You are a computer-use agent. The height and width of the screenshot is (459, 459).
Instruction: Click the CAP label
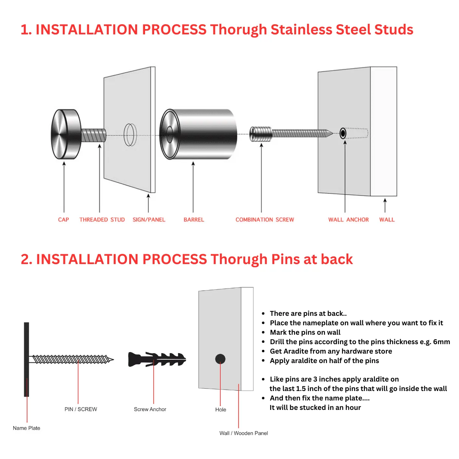coord(63,219)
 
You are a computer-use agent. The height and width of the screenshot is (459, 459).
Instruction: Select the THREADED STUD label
coord(102,219)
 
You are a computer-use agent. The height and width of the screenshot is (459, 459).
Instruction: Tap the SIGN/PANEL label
coord(149,219)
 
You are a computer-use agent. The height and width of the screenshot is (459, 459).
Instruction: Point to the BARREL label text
coord(194,219)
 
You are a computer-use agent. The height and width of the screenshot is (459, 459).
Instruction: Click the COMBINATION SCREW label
coord(264,219)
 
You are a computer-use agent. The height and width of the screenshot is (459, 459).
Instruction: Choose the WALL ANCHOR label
coord(348,219)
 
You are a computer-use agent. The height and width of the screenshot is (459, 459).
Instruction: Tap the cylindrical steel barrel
coord(200,134)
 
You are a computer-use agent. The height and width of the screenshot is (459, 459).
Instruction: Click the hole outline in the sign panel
coord(130,134)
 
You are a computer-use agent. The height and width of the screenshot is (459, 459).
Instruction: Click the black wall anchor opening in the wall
coord(343,133)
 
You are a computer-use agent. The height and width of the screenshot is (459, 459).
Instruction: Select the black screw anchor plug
coord(157,359)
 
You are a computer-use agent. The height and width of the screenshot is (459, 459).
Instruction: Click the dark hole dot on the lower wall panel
coord(220,359)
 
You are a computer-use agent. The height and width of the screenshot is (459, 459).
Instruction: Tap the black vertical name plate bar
coord(26,359)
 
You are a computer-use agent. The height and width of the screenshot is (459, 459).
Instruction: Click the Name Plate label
coord(26,428)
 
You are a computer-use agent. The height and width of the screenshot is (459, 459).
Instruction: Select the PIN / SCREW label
coord(80,409)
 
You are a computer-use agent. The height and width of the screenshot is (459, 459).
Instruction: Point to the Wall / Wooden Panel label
coord(244,433)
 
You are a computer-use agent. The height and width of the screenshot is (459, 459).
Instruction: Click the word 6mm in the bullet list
coord(441,342)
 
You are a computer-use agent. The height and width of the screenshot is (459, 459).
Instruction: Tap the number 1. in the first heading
coord(26,30)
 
